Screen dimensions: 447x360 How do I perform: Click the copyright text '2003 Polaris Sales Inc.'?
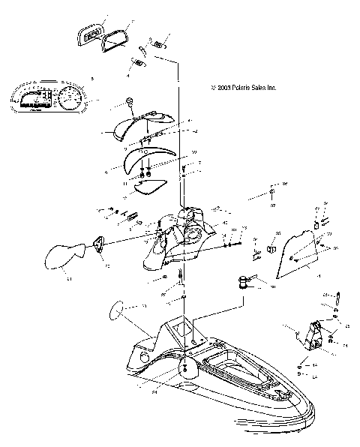pos(244,88)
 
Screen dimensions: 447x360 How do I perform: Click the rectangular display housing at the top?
pos(90,33)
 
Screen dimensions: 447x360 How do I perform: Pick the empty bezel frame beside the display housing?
pos(115,38)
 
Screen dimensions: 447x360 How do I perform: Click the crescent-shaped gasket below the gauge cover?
pos(142,158)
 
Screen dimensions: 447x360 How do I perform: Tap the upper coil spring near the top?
pos(158,45)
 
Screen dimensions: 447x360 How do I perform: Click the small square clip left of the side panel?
pos(272,245)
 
